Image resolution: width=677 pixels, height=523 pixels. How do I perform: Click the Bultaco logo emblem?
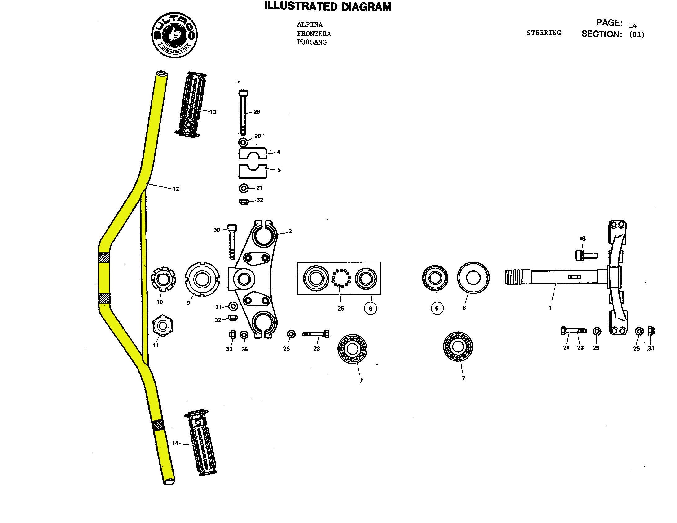coord(174,35)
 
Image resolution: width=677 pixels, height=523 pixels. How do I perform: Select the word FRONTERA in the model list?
coord(314,34)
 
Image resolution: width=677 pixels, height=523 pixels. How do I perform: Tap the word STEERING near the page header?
coord(544,33)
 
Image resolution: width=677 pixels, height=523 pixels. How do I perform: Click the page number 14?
coord(632,25)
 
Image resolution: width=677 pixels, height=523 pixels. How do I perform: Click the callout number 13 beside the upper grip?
coord(213,112)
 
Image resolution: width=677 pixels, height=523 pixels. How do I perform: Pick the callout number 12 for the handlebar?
coord(176,189)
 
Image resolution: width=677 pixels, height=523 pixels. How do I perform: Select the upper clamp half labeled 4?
coord(253,153)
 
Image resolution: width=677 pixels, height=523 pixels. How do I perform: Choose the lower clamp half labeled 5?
coord(253,171)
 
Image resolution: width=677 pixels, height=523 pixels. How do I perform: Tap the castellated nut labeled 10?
coord(163,279)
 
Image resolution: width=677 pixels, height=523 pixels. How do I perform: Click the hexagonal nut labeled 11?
coord(163,326)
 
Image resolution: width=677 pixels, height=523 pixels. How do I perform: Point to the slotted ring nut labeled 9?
coord(202,279)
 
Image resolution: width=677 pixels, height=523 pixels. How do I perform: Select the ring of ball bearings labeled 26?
coord(341,278)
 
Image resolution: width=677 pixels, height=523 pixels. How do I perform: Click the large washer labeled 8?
coord(473,278)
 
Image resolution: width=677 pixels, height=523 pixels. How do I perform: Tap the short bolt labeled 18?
coord(586,255)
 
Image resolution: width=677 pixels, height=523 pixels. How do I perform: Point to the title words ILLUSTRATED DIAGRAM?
coord(328,7)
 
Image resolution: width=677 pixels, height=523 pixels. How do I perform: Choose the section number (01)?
coord(636,34)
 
